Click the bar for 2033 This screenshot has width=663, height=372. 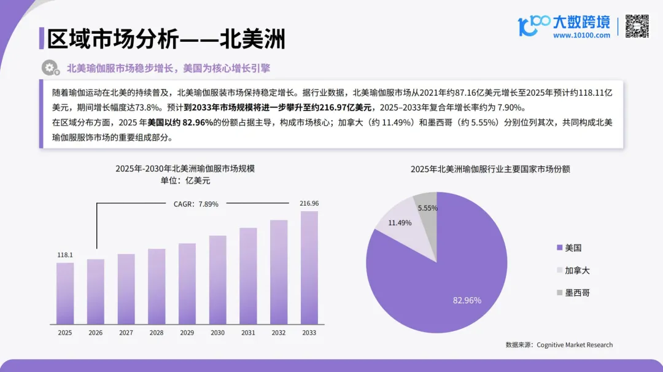(x=309, y=268)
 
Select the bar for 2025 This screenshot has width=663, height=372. (x=65, y=293)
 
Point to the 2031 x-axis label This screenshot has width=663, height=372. (x=248, y=333)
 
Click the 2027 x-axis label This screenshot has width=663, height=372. (x=126, y=333)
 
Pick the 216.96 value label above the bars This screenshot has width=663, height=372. (x=309, y=203)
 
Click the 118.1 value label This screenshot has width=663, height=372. (x=65, y=255)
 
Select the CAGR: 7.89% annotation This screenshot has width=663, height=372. (x=192, y=204)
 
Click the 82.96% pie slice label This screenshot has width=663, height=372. (x=467, y=300)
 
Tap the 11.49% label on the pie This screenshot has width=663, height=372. (x=400, y=223)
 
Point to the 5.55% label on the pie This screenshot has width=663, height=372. (x=427, y=208)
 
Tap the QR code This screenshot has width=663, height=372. (x=637, y=26)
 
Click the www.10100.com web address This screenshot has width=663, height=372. (x=581, y=36)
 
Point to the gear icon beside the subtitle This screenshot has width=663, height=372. (x=49, y=68)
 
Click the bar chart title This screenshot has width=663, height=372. (x=185, y=168)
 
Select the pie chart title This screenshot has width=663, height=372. (x=490, y=169)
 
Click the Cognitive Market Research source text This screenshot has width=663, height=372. (x=575, y=345)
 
